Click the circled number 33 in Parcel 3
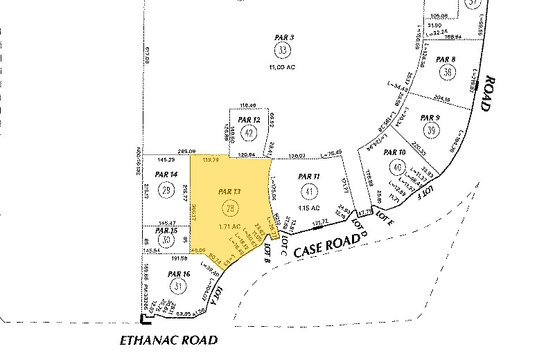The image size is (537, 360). click(x=282, y=51)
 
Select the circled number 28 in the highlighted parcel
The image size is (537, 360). click(x=228, y=207)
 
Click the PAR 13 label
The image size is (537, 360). click(x=229, y=191)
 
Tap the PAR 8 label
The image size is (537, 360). click(x=446, y=60)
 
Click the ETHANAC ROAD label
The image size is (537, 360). click(x=169, y=341)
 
